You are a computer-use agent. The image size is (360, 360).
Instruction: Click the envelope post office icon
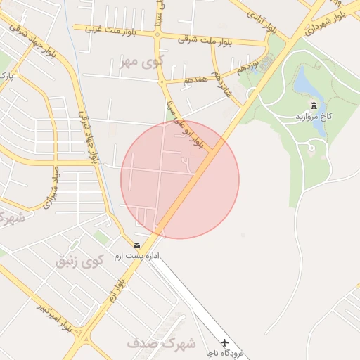pyautogui.click(x=136, y=245)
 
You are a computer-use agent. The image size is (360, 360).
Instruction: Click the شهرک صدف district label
pyautogui.click(x=151, y=344)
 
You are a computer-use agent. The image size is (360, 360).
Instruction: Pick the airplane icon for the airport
pyautogui.click(x=225, y=342)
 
